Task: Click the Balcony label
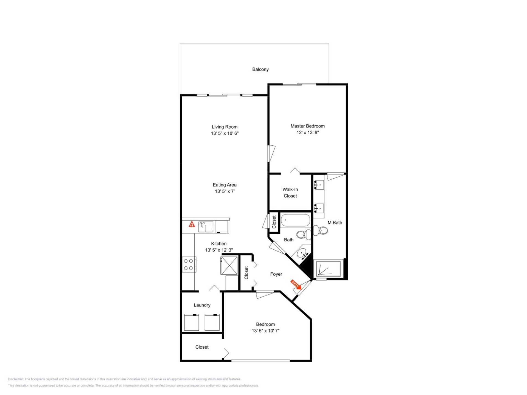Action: [260, 69]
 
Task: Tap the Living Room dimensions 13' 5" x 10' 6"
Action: [225, 133]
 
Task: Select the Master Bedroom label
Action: [307, 126]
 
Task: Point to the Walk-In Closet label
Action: [290, 193]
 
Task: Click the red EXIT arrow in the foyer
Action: [296, 284]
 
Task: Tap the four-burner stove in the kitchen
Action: [189, 264]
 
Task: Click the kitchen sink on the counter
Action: [206, 227]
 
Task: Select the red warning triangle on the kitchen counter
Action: [192, 224]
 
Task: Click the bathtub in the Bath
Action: [295, 220]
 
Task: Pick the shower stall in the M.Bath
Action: [328, 268]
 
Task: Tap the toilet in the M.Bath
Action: [321, 230]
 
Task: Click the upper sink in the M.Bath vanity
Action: [319, 185]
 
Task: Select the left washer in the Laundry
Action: [191, 322]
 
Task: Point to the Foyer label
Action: [276, 274]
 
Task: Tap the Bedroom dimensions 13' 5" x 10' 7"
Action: [265, 331]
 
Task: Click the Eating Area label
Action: [225, 185]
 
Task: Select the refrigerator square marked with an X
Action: [229, 265]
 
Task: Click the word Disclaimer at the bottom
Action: [15, 379]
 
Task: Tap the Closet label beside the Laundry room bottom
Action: [202, 347]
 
